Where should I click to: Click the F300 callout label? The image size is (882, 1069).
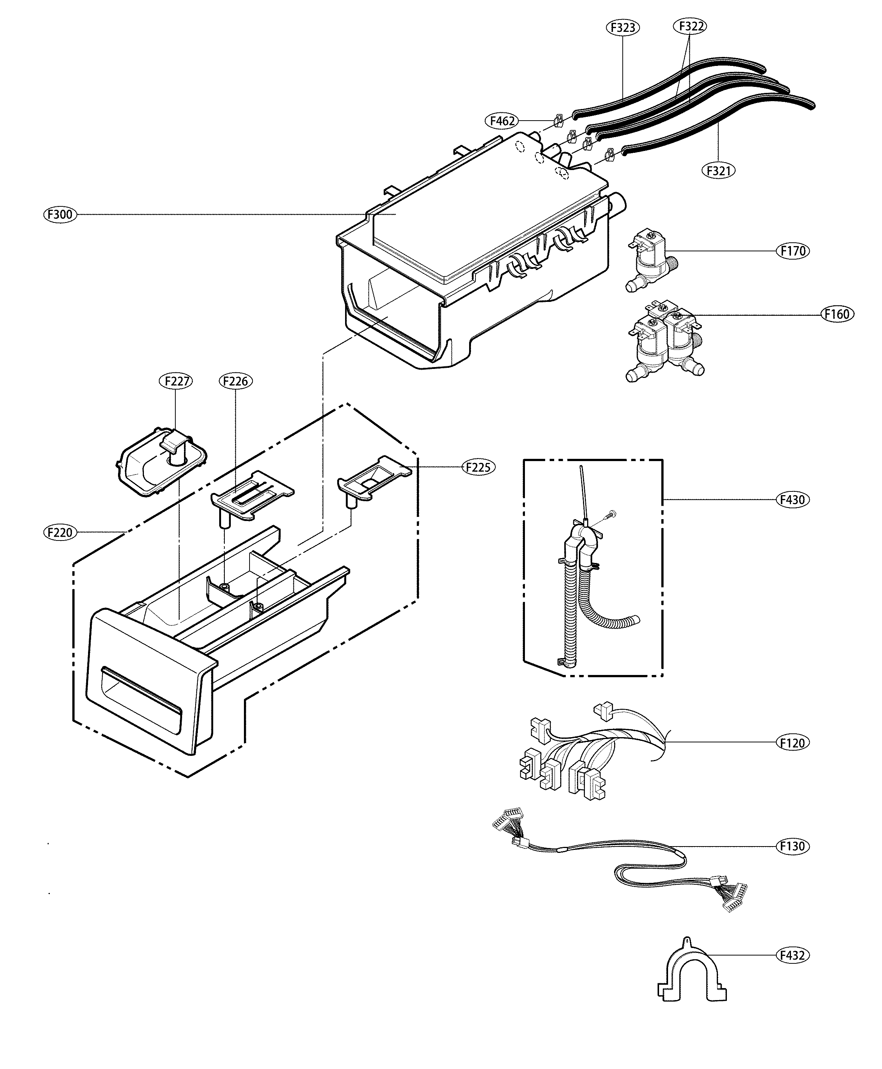coord(60,214)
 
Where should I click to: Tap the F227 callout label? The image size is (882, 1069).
coord(176,381)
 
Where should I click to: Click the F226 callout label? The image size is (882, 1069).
coord(236,381)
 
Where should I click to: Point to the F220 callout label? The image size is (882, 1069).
coord(60,532)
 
